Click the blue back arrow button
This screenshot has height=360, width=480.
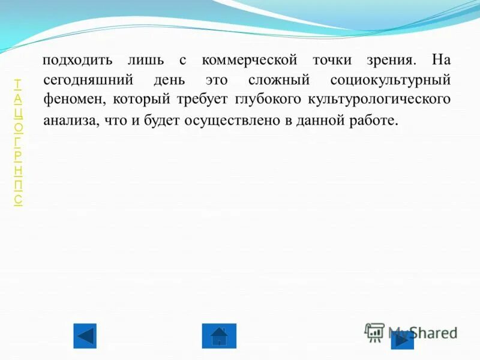(85, 336)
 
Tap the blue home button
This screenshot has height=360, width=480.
(219, 336)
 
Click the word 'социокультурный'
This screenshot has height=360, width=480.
(390, 80)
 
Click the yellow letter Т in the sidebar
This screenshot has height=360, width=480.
(18, 83)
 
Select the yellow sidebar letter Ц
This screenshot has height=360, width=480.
(19, 112)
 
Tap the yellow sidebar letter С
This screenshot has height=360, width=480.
(19, 200)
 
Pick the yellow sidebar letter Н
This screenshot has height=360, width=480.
(19, 170)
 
